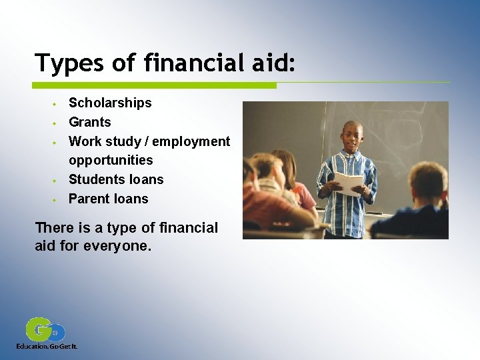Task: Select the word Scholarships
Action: click(110, 103)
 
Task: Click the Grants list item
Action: click(90, 122)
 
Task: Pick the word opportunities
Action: click(111, 160)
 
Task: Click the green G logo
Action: click(39, 330)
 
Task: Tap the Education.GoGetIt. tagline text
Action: click(47, 347)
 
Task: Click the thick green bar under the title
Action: click(154, 85)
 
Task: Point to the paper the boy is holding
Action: click(349, 181)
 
